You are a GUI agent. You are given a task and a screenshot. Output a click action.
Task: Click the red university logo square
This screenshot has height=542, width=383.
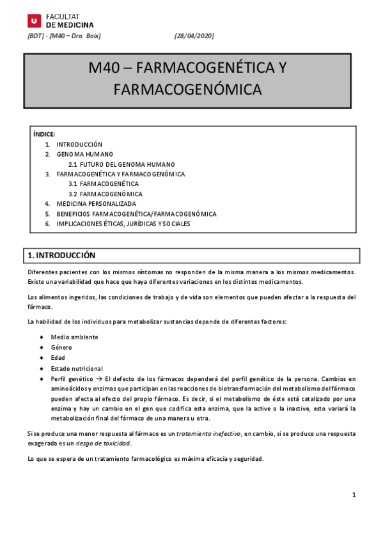pos(34,20)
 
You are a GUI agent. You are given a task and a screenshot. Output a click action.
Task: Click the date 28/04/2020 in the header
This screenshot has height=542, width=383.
pos(194,36)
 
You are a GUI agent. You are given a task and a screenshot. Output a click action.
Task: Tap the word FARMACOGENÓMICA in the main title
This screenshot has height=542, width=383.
pos(187,89)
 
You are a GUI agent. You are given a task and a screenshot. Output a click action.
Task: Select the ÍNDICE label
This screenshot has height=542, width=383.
pos(44,134)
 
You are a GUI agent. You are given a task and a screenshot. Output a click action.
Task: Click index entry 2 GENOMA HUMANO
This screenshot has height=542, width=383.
pos(85,154)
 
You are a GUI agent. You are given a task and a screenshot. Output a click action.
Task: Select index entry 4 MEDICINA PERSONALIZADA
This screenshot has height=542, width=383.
pos(97,204)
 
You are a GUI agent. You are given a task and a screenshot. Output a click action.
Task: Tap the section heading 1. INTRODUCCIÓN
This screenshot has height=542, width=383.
pos(61,255)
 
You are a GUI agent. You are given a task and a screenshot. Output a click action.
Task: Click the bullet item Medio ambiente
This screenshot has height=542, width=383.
pos(75,337)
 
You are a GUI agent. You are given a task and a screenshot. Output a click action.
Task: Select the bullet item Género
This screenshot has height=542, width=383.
pos(61,347)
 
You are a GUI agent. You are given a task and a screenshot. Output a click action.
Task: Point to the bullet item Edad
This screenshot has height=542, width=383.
pos(58,358)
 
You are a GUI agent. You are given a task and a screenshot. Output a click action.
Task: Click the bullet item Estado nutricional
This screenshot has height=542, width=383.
pos(77,368)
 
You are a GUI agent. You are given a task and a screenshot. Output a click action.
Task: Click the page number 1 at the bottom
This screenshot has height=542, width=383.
pos(353,495)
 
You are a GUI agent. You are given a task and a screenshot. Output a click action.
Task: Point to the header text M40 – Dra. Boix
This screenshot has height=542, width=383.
pos(77,36)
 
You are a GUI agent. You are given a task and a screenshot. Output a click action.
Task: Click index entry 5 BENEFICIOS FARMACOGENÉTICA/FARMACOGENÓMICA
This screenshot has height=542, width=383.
pos(136,213)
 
